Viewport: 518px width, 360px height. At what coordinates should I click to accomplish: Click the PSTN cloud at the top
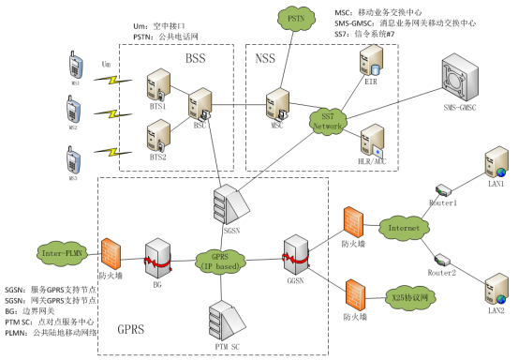pos(294,18)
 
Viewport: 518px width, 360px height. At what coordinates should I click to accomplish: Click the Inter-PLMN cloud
pos(61,251)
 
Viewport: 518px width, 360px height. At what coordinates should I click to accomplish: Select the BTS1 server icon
pos(157,86)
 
